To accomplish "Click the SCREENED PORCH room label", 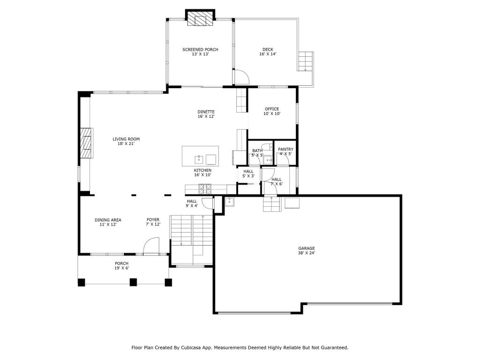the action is pyautogui.click(x=200, y=50).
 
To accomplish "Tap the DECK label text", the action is pyautogui.click(x=268, y=50).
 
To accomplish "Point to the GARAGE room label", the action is pyautogui.click(x=307, y=248).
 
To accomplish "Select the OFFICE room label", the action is pyautogui.click(x=272, y=109).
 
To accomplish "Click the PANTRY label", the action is pyautogui.click(x=285, y=150).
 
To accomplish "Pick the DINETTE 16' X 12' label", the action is pyautogui.click(x=206, y=114).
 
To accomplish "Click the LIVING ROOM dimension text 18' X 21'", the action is pyautogui.click(x=126, y=143).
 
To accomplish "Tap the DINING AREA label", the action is pyautogui.click(x=108, y=220).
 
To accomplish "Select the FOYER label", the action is pyautogui.click(x=153, y=220).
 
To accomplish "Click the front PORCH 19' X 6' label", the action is pyautogui.click(x=121, y=266).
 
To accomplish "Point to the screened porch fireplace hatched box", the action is pyautogui.click(x=200, y=19).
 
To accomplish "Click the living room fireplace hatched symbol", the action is pyautogui.click(x=86, y=143).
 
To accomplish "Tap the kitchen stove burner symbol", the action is pyautogui.click(x=204, y=189).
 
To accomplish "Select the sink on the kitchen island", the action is pyautogui.click(x=199, y=159).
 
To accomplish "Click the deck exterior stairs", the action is pyautogui.click(x=305, y=61).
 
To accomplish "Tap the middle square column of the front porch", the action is pyautogui.click(x=133, y=282).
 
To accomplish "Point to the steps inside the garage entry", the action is pyautogui.click(x=272, y=204).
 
